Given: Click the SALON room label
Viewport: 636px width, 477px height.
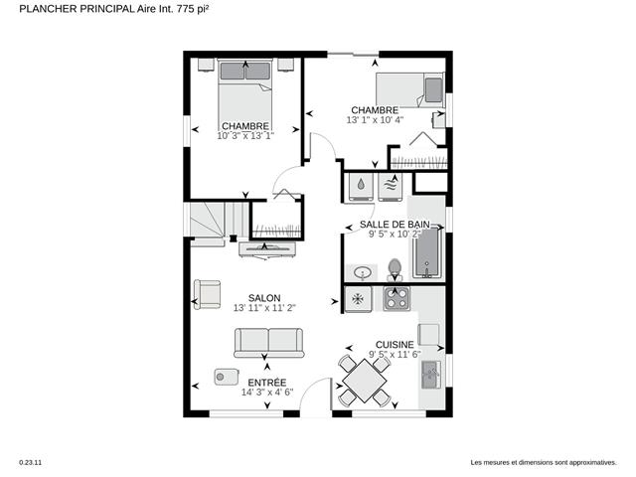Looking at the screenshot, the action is click(x=264, y=298).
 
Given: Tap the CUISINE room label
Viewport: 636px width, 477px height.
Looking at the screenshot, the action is click(x=395, y=345).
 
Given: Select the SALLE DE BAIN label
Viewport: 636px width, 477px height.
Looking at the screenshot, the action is click(x=395, y=225).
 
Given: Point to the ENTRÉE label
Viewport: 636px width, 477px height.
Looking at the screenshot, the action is click(x=267, y=383).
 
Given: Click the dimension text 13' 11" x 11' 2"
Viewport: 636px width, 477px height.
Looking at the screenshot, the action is click(x=264, y=308).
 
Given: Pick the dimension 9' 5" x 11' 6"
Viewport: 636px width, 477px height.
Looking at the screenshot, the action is click(x=395, y=355).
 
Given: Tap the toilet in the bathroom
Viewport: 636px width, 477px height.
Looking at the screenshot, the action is click(x=395, y=269).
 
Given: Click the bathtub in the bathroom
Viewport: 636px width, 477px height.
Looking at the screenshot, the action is click(x=427, y=253).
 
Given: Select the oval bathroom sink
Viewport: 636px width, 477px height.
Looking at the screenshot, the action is click(x=362, y=272).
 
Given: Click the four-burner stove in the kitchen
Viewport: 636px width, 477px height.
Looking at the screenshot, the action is click(x=397, y=298).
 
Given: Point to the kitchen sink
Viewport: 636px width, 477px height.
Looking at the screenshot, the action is click(x=430, y=375).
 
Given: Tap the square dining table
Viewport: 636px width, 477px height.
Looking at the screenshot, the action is click(x=365, y=381).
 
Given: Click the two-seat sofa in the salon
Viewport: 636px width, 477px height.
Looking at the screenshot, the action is click(x=268, y=343).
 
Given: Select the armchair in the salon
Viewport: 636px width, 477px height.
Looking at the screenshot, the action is click(x=208, y=294).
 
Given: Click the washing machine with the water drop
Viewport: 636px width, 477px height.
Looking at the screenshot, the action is click(x=361, y=187).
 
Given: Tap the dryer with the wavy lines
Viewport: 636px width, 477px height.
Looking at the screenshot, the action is click(x=391, y=187).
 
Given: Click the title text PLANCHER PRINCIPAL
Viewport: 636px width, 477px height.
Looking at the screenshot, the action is click(x=77, y=9).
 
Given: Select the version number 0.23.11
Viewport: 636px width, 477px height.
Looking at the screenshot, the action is click(x=31, y=462).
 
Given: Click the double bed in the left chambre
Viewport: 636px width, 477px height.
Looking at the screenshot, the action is click(x=245, y=95).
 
